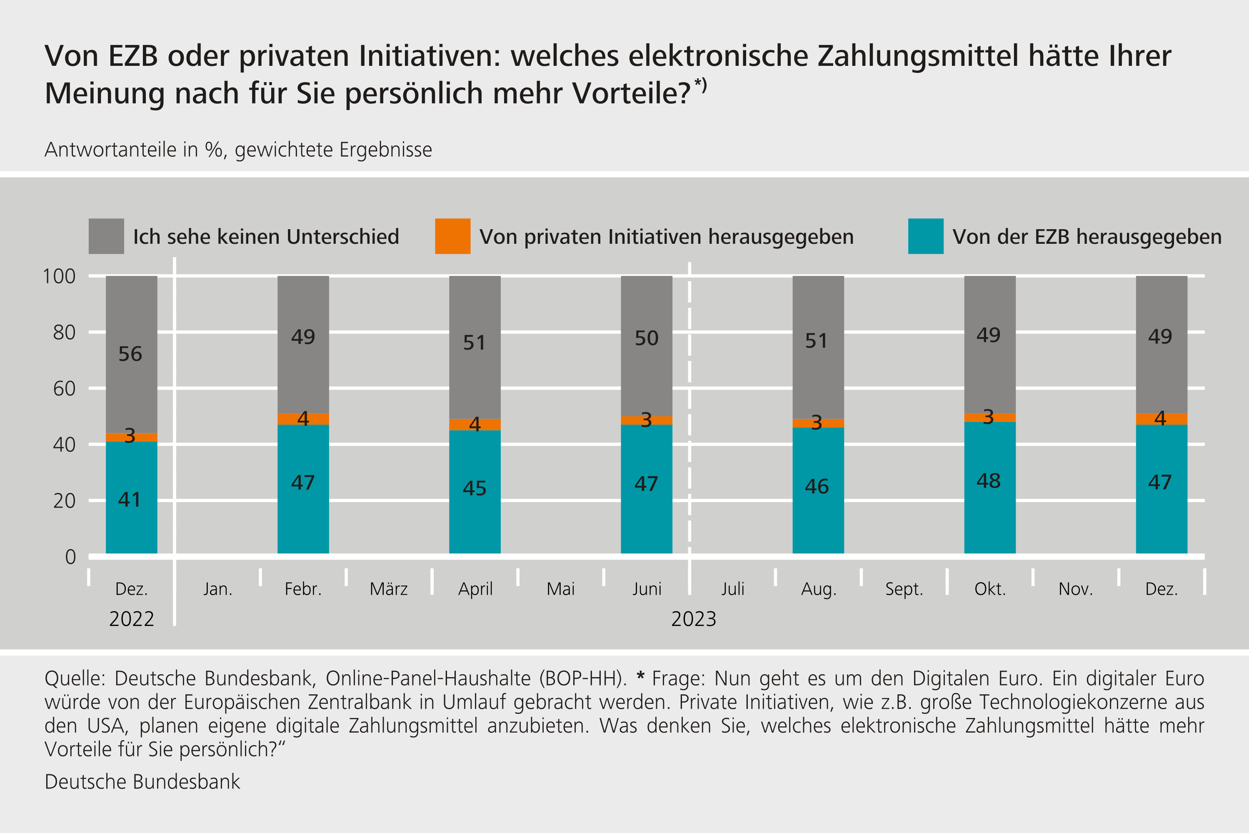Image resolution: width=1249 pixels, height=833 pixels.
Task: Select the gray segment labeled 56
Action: pyautogui.click(x=131, y=354)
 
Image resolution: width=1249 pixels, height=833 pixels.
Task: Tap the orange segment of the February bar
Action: pyautogui.click(x=303, y=419)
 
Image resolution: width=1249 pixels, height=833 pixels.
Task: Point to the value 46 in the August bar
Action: pyautogui.click(x=817, y=487)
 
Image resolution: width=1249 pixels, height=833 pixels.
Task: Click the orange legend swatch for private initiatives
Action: pyautogui.click(x=452, y=236)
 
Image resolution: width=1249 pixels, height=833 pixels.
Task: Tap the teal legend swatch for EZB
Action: pyautogui.click(x=926, y=236)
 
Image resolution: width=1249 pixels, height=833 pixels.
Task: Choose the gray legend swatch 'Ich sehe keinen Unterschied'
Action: pyautogui.click(x=106, y=236)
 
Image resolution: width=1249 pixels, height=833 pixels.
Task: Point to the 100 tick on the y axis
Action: pyautogui.click(x=59, y=276)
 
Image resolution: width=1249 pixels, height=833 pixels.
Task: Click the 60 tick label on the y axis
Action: pyautogui.click(x=64, y=389)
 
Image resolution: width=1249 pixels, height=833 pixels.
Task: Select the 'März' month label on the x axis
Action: pyautogui.click(x=389, y=589)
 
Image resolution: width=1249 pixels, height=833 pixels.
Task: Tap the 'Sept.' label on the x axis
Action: pyautogui.click(x=904, y=589)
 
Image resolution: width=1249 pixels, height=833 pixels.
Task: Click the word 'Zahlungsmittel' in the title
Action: pyautogui.click(x=918, y=56)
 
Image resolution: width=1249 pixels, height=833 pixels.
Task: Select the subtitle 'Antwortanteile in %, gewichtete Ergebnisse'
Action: pyautogui.click(x=238, y=150)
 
